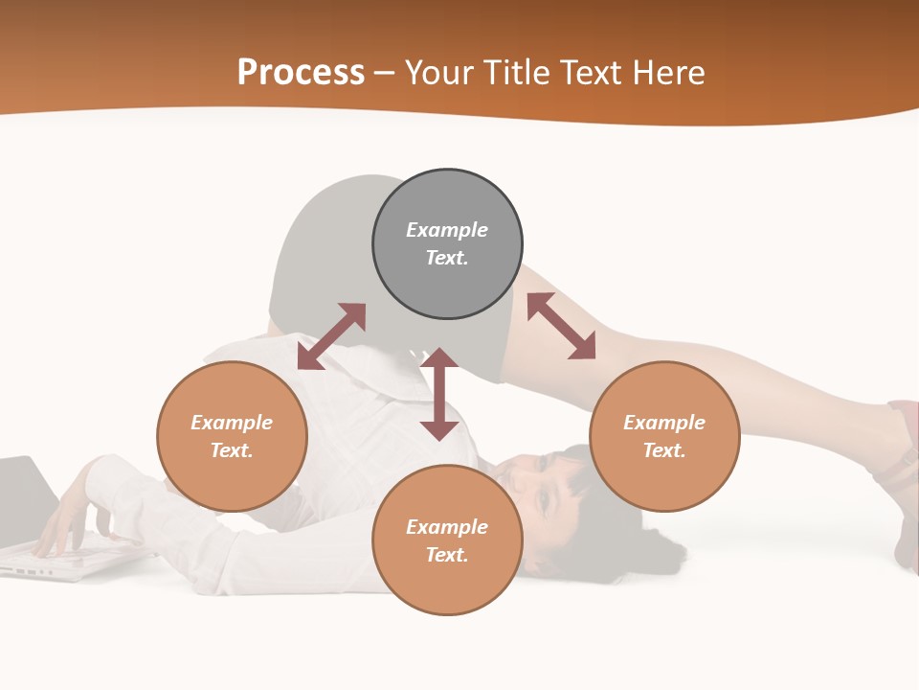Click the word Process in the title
point(301,73)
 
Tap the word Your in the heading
point(440,73)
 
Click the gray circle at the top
point(447,287)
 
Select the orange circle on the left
point(232,479)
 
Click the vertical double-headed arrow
point(439,394)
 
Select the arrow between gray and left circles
point(331,336)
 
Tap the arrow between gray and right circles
point(561,326)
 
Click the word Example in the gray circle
point(447,230)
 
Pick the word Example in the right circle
point(664,423)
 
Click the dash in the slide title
point(385,73)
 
